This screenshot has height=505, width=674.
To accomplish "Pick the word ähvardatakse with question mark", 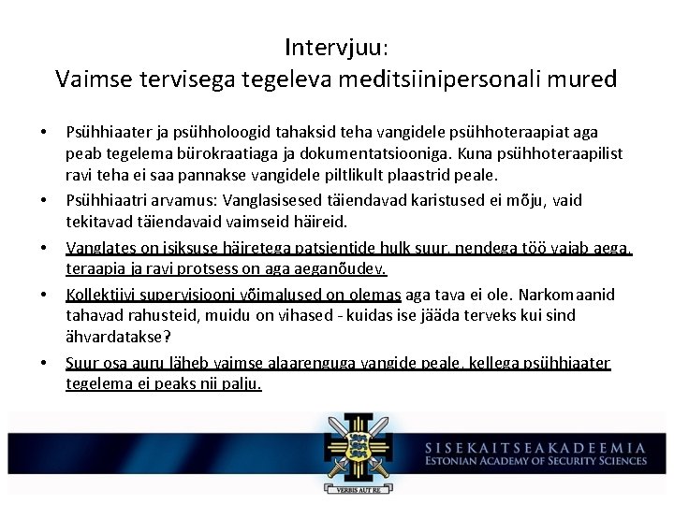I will click(x=116, y=338).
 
